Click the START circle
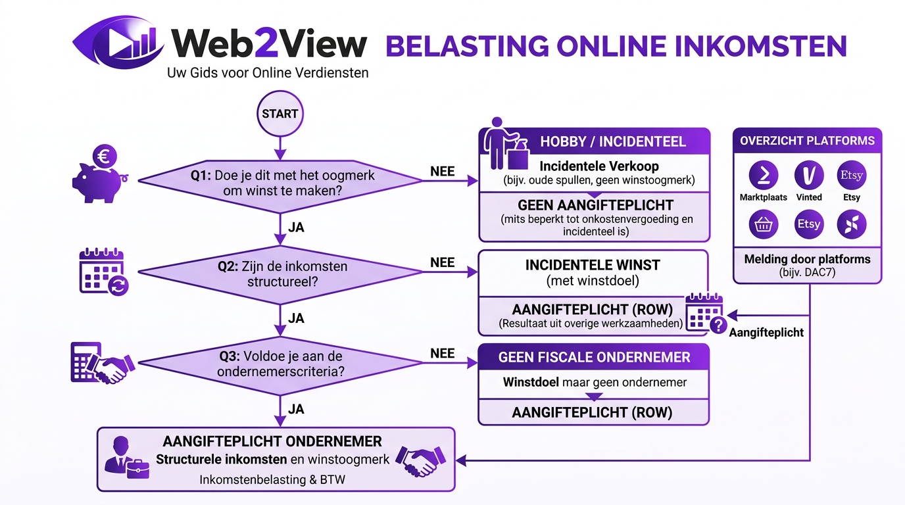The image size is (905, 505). tap(280, 114)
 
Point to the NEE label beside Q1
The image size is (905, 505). tap(442, 171)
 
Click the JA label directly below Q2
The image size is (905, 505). tap(296, 318)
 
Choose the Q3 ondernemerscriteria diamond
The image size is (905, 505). tap(280, 364)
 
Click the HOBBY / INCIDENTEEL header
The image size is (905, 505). tap(612, 141)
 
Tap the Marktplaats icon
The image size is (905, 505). tap(763, 175)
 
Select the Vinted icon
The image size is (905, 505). tap(808, 175)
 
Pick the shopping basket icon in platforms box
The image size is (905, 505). tap(763, 224)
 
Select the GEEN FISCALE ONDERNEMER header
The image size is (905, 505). tap(594, 358)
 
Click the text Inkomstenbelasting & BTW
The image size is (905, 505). tap(272, 479)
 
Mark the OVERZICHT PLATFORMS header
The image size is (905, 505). tap(807, 141)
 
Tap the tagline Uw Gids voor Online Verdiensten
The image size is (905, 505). tap(268, 72)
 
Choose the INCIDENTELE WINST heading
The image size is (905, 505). tap(593, 265)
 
